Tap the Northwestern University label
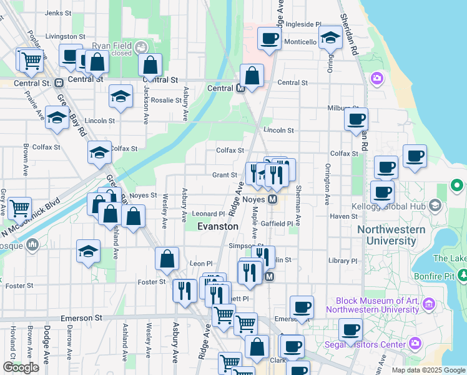(x=391, y=235)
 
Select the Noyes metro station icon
(x=272, y=199)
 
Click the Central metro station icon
(x=240, y=89)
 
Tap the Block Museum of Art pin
(x=428, y=304)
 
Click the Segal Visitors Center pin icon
(x=415, y=343)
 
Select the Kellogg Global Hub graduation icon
(x=435, y=205)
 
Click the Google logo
(x=21, y=367)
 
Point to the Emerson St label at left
(x=81, y=318)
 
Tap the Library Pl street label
(x=342, y=261)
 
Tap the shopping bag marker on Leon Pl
(x=167, y=259)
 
